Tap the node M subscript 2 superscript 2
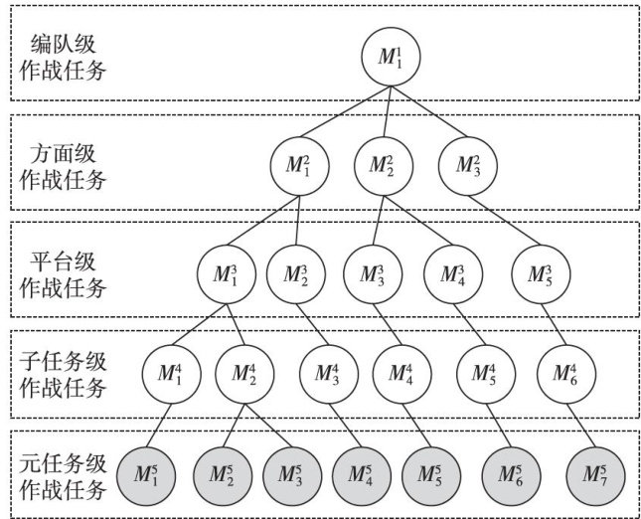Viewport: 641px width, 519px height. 382,165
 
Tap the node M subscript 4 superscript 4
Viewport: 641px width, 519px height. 401,374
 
